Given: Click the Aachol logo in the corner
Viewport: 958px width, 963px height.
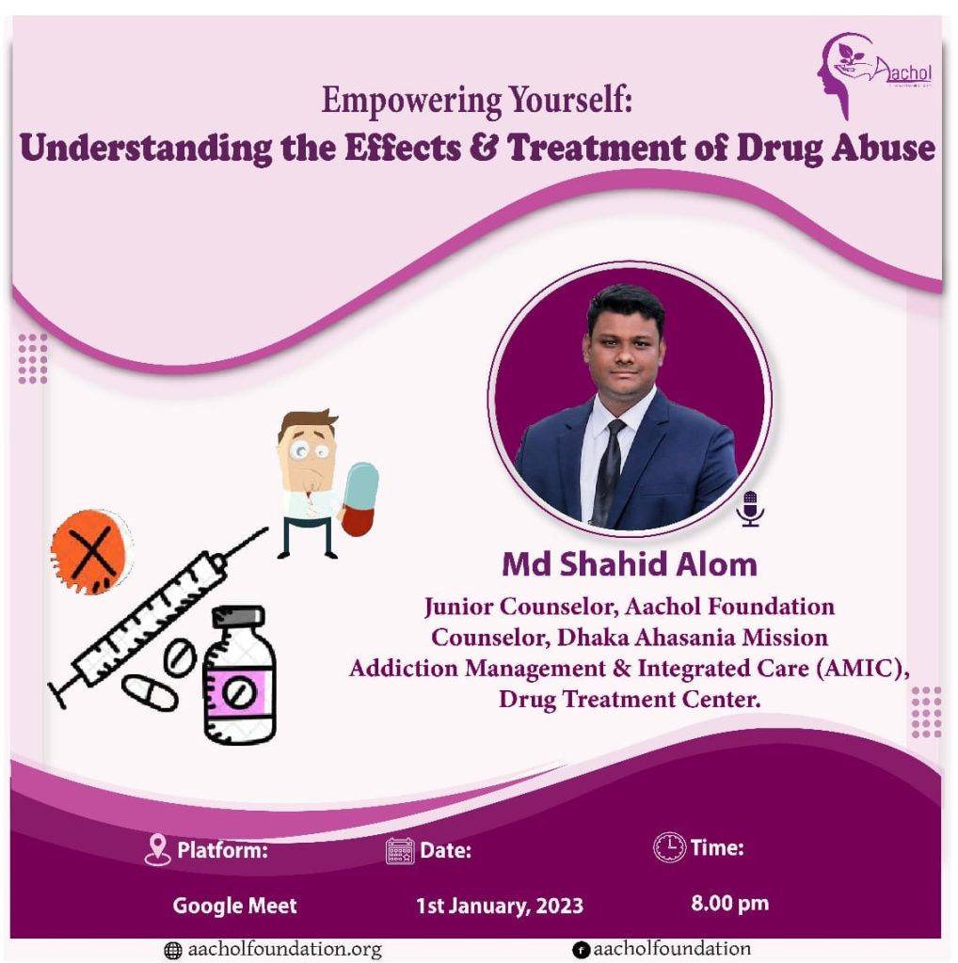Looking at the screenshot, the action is tap(874, 75).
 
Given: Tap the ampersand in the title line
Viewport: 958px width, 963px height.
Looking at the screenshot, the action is tap(483, 148).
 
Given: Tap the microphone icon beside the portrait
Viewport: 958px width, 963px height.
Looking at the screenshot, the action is tap(750, 509).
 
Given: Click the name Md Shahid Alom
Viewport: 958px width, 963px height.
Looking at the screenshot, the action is tap(630, 564).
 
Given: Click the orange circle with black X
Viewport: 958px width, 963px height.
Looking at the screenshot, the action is tap(91, 551).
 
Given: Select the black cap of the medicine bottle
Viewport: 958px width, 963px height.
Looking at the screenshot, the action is tap(238, 617).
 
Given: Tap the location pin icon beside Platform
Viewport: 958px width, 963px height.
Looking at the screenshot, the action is tap(157, 850).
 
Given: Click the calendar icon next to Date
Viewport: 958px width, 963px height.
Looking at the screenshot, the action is tap(400, 851).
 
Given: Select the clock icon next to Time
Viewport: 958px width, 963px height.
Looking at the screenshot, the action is tap(669, 848).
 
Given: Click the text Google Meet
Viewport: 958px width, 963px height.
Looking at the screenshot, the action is tap(234, 906).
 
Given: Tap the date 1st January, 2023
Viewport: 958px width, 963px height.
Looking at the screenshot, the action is tap(500, 906).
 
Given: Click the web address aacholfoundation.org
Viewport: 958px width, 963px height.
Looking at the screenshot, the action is tap(284, 950).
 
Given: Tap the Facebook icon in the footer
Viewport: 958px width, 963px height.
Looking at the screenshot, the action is tap(580, 950).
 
